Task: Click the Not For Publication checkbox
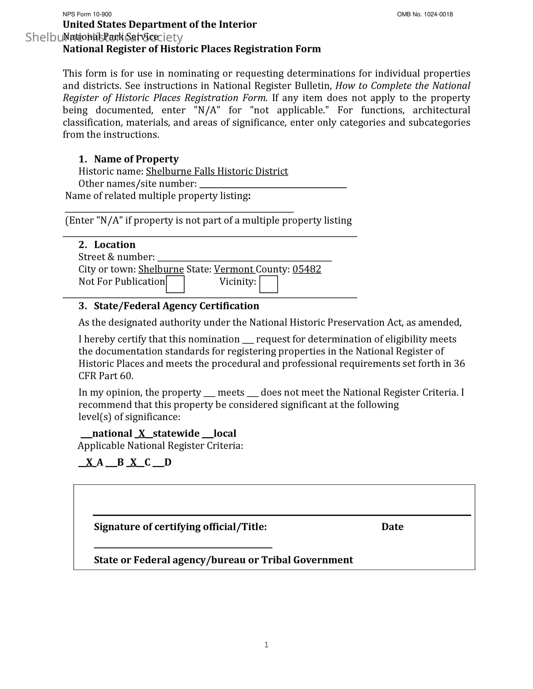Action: click(x=175, y=284)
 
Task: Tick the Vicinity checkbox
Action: click(x=268, y=284)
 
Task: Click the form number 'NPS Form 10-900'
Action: click(x=87, y=14)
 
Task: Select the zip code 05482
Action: click(x=307, y=269)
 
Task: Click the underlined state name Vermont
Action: click(x=234, y=269)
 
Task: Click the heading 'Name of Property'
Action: click(x=136, y=159)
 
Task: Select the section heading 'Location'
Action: click(x=115, y=245)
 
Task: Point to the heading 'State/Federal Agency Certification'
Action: click(x=177, y=306)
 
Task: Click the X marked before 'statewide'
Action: click(x=142, y=433)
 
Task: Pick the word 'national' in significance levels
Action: click(x=112, y=433)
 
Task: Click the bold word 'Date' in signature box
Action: click(x=392, y=527)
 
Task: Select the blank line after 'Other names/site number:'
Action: click(x=273, y=185)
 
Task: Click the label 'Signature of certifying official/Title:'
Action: click(x=180, y=527)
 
